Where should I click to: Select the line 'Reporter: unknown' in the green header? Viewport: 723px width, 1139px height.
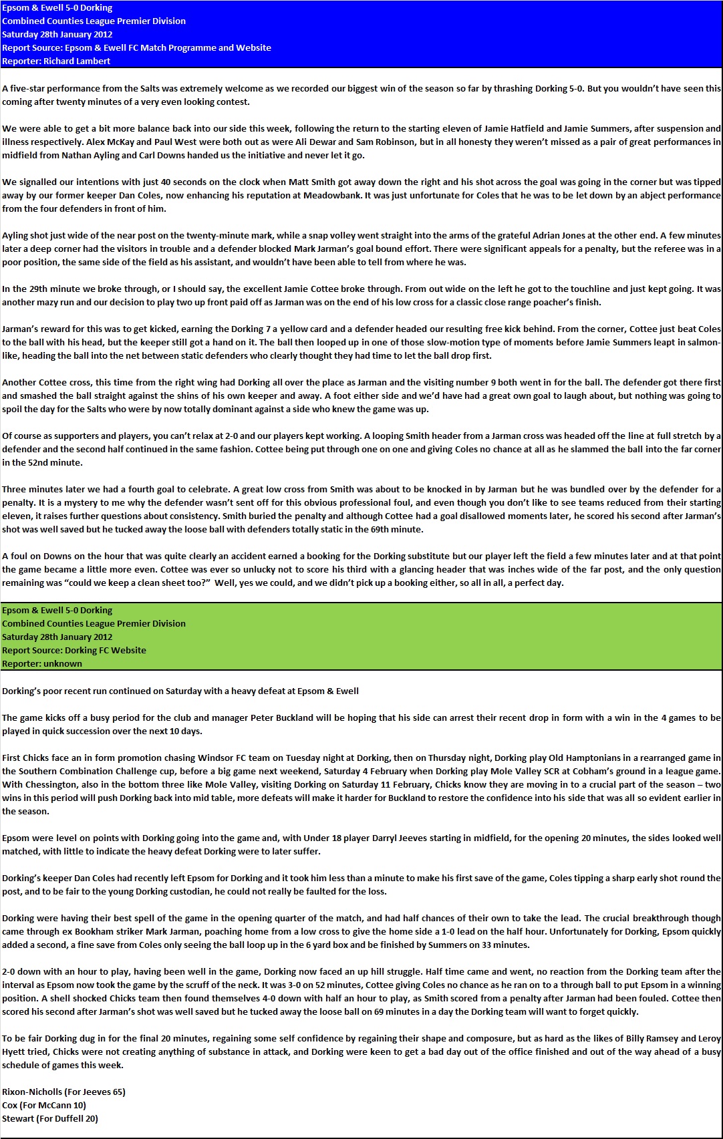click(42, 663)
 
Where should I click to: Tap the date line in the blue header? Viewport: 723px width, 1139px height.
click(57, 34)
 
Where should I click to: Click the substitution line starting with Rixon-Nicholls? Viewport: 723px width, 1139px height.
click(63, 1092)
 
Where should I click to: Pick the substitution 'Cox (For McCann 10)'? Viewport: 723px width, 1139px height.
click(44, 1105)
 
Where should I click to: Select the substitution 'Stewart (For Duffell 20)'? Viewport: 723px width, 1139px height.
click(50, 1118)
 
